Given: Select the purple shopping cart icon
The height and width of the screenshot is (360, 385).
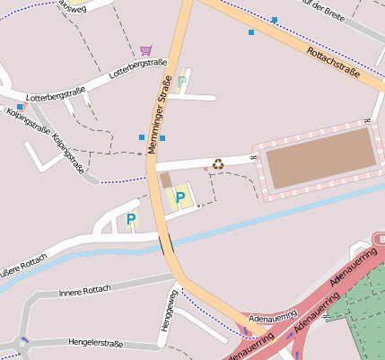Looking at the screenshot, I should click(145, 50).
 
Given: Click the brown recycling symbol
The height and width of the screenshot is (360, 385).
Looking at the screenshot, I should click(218, 164).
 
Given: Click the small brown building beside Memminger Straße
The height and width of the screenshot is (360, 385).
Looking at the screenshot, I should click(166, 180).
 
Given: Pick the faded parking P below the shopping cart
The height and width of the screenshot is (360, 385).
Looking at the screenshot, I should click(182, 82).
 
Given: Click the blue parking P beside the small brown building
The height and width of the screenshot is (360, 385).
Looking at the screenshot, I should click(180, 197).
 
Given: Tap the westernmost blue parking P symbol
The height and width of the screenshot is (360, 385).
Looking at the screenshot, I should click(131, 218).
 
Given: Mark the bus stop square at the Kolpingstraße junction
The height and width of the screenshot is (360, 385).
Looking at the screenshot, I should click(20, 107).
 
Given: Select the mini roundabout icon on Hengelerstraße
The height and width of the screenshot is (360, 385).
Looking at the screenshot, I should click(22, 341).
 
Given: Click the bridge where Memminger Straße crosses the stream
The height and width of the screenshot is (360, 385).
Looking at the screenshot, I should click(166, 241).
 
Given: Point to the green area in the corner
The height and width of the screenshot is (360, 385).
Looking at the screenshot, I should click(359, 323).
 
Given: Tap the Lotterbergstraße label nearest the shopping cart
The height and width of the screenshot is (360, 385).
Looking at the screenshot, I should click(138, 67).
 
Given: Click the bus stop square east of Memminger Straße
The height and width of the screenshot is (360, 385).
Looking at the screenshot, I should click(162, 137).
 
